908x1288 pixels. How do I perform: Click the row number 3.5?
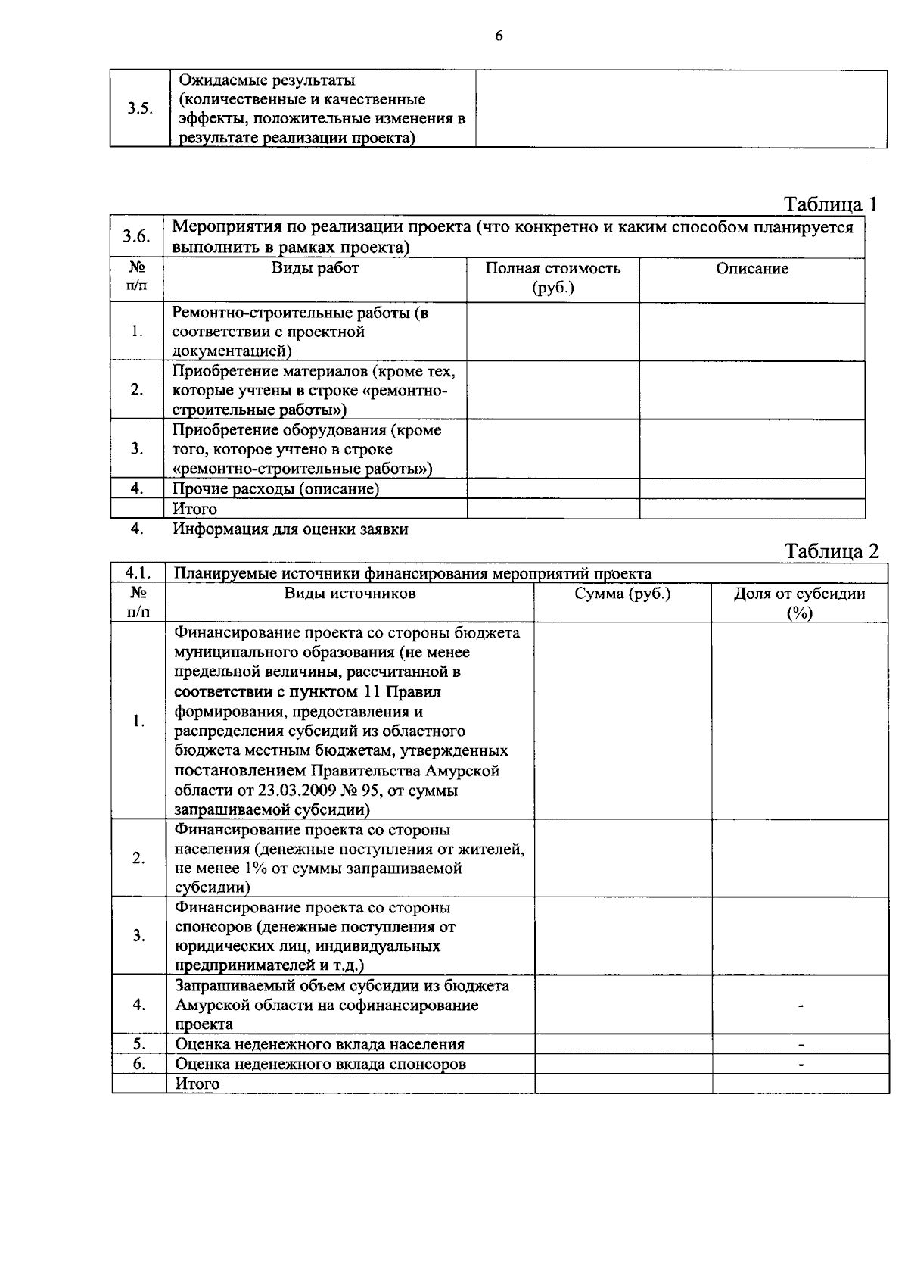(140, 108)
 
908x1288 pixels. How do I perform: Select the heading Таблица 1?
(831, 204)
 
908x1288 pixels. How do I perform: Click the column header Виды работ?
(316, 268)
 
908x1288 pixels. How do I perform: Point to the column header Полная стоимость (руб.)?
(552, 278)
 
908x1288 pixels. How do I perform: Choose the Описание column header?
(752, 269)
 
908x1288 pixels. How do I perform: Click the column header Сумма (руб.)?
(623, 594)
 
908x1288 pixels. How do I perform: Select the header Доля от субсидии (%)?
(800, 603)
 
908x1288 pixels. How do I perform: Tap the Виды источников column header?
(350, 594)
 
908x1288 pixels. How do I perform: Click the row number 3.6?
(136, 236)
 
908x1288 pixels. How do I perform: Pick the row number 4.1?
(139, 573)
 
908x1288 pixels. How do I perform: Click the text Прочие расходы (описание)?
(275, 489)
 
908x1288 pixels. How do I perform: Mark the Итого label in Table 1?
(194, 509)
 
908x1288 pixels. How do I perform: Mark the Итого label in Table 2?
(197, 1084)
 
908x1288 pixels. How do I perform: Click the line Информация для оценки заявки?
(291, 529)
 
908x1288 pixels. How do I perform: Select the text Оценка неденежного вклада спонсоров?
(321, 1064)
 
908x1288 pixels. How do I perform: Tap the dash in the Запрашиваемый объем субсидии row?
(801, 1006)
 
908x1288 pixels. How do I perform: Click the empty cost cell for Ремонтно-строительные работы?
(552, 332)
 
